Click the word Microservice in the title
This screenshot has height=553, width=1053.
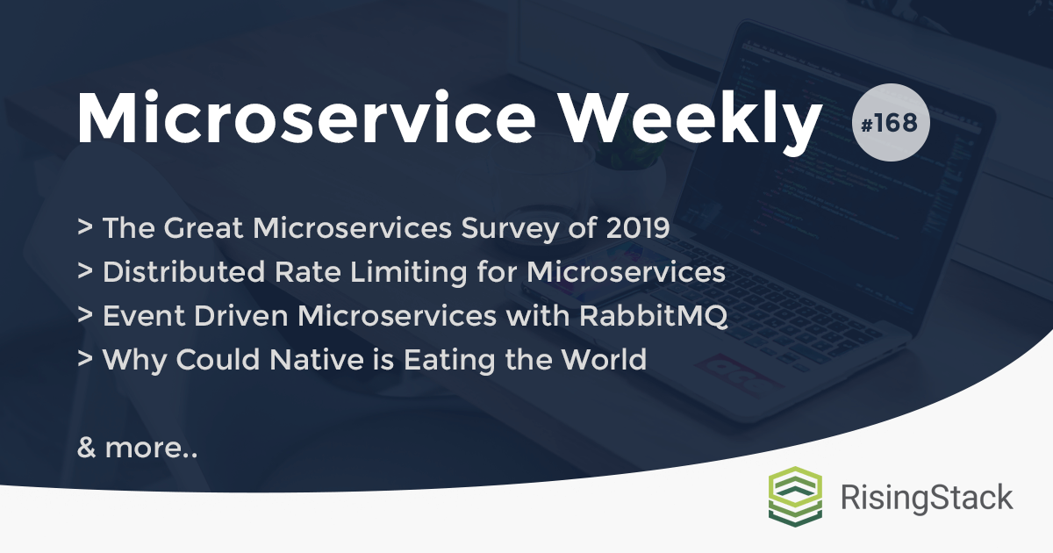point(311,117)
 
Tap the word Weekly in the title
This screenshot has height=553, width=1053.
point(691,118)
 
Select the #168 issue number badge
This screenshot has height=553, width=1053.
point(890,123)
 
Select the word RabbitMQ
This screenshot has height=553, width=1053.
point(653,316)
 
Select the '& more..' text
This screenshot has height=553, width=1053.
point(137,448)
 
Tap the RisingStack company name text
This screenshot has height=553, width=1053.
point(927,498)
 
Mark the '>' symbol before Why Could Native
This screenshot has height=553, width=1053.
point(86,360)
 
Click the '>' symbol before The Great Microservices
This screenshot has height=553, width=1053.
point(86,228)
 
